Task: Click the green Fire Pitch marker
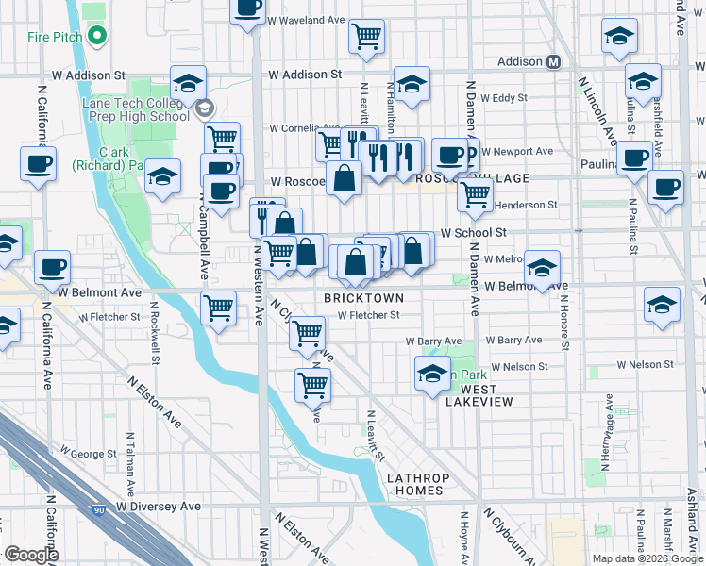pos(96,37)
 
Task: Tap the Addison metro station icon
pos(553,61)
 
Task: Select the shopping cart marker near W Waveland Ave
pos(366,36)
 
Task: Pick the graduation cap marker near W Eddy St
pos(412,85)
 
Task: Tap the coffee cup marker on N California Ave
pos(38,162)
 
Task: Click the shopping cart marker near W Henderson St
pos(475,193)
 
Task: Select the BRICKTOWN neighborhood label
pos(363,297)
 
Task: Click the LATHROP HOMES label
pos(414,484)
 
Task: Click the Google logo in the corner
pos(31,555)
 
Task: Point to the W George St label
pos(89,454)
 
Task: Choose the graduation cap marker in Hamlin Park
pos(432,373)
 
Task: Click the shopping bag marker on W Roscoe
pos(345,177)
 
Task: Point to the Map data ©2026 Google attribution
pos(647,558)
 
